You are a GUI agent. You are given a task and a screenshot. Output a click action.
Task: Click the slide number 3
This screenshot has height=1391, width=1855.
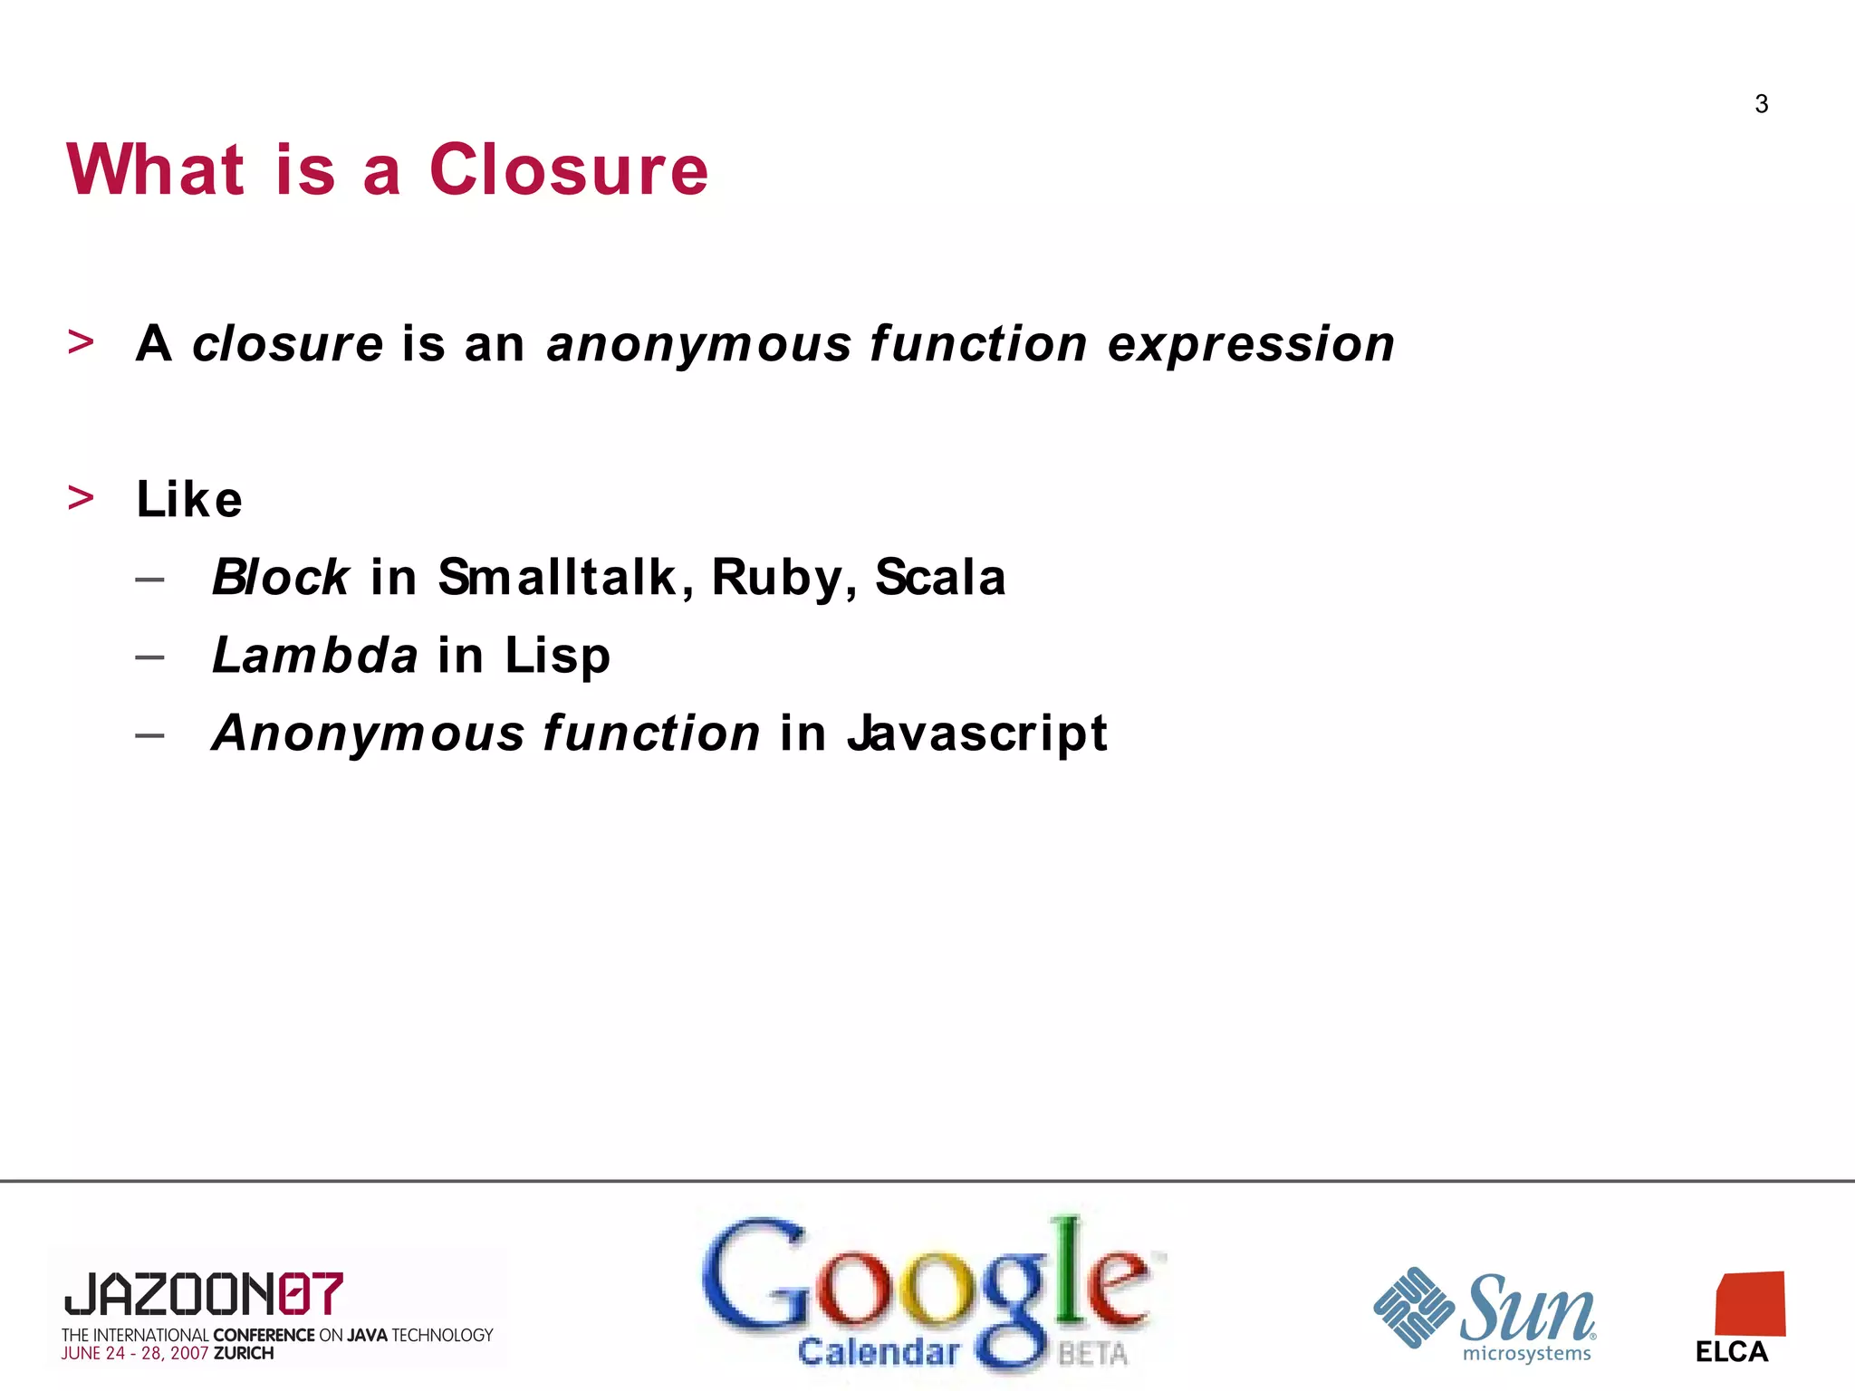(1761, 104)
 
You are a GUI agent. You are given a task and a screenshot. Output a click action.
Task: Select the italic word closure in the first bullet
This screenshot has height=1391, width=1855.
(288, 344)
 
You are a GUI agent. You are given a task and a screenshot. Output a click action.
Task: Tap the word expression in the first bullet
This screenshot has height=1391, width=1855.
(1251, 344)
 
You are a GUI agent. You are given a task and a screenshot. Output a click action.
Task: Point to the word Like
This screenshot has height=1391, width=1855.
(189, 499)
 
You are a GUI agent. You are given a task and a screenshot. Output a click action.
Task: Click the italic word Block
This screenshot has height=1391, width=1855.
(280, 577)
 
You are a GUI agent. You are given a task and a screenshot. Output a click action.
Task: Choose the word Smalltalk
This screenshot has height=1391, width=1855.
(557, 577)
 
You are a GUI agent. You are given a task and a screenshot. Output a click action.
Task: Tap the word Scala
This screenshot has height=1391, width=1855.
(940, 577)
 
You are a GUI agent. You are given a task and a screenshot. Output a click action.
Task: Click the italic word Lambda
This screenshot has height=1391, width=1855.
(314, 655)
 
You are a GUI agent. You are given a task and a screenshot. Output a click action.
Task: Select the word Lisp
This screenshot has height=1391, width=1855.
(557, 657)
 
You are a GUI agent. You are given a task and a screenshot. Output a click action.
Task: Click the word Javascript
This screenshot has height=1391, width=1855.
(977, 733)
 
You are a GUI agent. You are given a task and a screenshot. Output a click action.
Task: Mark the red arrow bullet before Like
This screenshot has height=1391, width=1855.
(81, 497)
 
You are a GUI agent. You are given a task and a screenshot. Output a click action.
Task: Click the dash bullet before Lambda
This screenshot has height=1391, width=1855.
(149, 656)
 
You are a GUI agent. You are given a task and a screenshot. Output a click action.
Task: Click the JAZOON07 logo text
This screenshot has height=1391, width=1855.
(204, 1294)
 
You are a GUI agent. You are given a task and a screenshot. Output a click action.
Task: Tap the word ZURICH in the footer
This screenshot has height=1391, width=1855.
(244, 1354)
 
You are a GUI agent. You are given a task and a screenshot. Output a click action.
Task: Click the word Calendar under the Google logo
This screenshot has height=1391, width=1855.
(878, 1352)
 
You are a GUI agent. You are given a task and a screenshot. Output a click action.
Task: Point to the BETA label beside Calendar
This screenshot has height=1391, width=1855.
(1092, 1354)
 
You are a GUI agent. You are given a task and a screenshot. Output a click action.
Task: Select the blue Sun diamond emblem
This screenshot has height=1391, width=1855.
(1414, 1307)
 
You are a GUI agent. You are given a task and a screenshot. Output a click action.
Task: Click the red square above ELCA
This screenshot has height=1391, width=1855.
(1750, 1304)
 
